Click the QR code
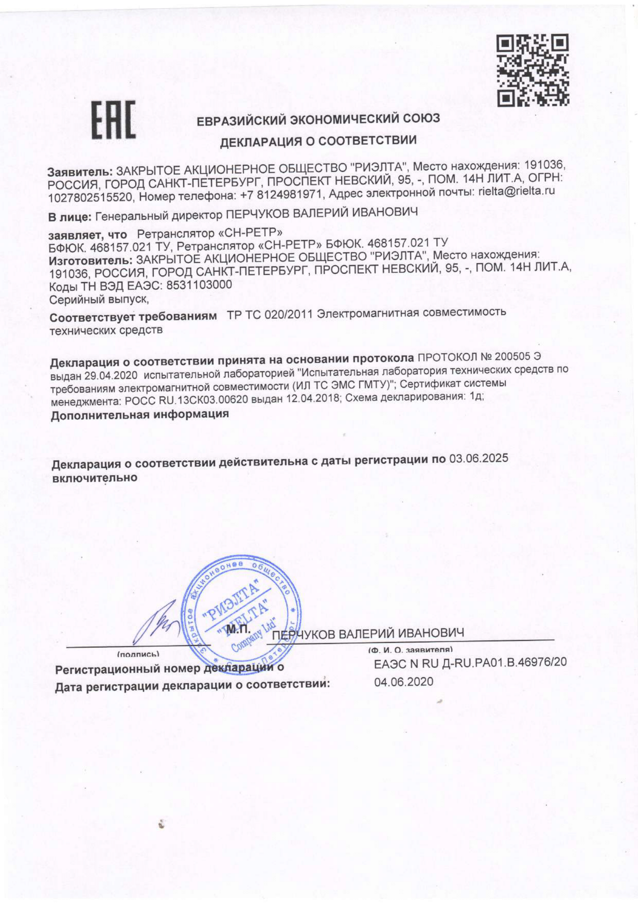coord(533,71)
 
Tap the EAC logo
coord(113,120)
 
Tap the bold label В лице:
coord(70,217)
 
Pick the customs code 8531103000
coord(199,285)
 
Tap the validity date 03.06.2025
coord(479,459)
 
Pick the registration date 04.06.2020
coord(404,681)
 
